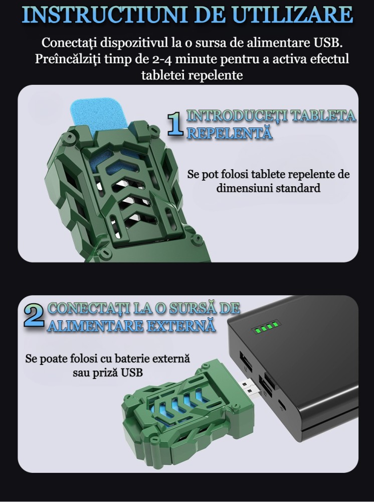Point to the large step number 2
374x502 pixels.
pos(34,315)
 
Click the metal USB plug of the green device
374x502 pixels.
pos(249,389)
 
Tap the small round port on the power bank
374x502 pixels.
pos(282,404)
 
